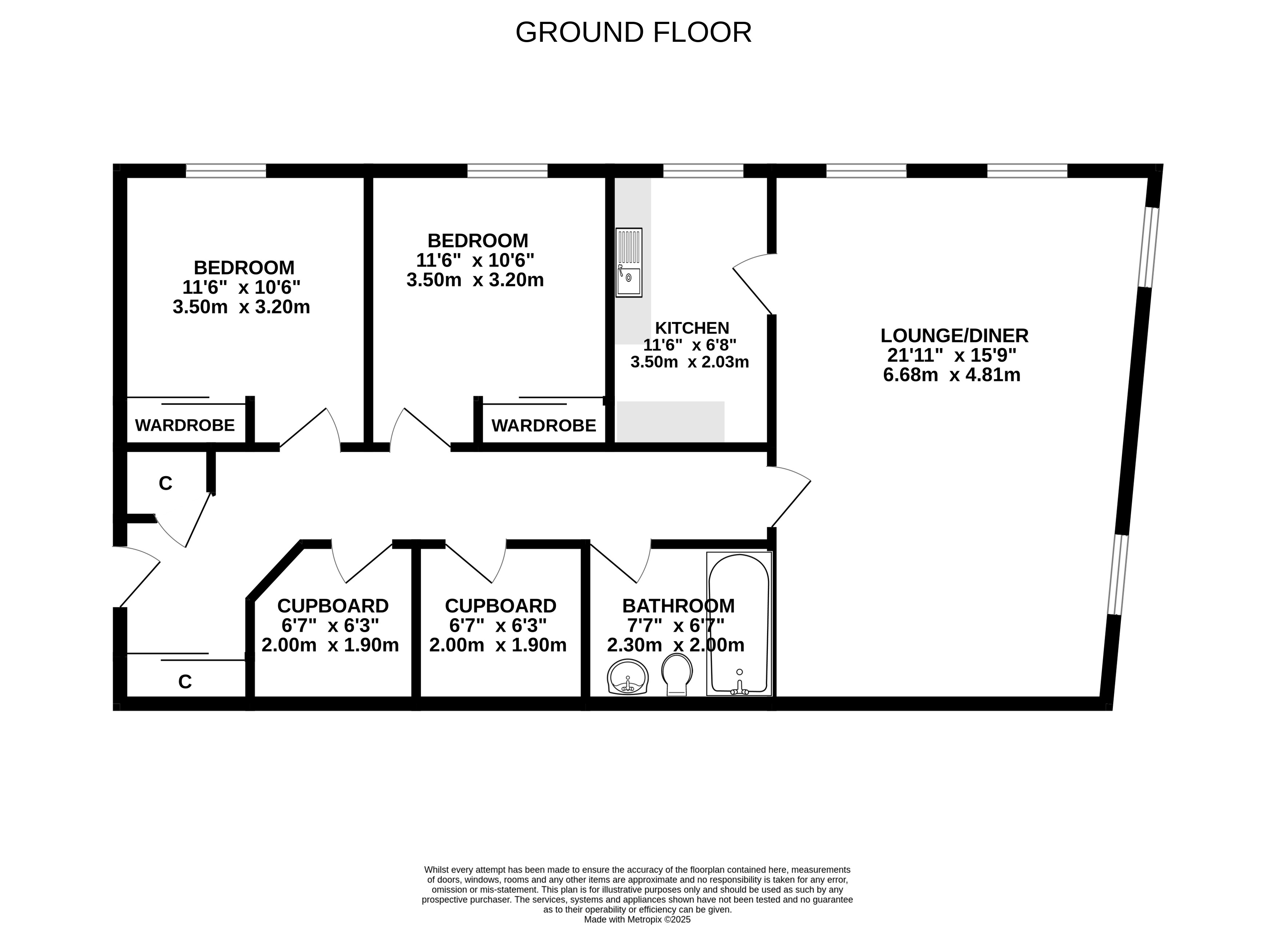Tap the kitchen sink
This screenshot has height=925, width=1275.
pos(629,262)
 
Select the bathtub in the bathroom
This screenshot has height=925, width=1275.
pos(739,624)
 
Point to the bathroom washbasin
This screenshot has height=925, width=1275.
pos(628,677)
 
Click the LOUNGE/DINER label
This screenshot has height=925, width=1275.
pos(954,335)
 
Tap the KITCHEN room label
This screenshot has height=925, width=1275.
pos(691,327)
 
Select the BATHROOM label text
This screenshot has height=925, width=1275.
pos(678,606)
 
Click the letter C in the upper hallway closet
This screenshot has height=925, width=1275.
pos(165,483)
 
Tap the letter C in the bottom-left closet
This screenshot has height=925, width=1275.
pos(185,682)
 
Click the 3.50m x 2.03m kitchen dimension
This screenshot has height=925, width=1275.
pos(689,362)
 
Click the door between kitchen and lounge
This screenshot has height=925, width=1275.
pos(753,284)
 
